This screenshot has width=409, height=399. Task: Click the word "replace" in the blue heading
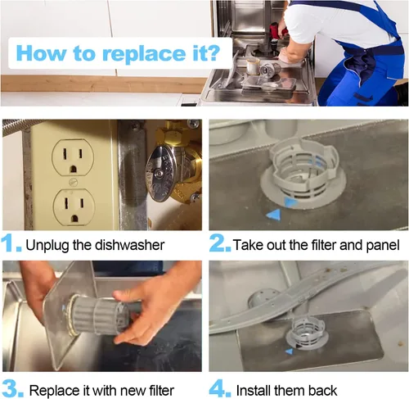tap(144, 54)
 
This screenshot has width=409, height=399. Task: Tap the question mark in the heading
tap(212, 52)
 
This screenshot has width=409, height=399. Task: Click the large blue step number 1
tap(11, 243)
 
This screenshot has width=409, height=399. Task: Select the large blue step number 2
tap(220, 243)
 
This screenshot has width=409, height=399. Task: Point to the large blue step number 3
tap(12, 388)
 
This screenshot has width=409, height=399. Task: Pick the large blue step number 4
tap(220, 388)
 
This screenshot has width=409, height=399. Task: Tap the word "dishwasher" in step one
tap(129, 245)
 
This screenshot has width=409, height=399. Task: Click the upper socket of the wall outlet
tap(73, 157)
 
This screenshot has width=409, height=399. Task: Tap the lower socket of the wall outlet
tap(74, 207)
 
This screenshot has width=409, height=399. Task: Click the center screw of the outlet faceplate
tap(73, 182)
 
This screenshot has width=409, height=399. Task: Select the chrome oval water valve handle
tap(159, 174)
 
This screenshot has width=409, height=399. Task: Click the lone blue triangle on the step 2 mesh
tap(273, 215)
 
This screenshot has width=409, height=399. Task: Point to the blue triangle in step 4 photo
tap(289, 351)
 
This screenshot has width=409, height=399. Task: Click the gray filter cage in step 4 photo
tap(308, 331)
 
